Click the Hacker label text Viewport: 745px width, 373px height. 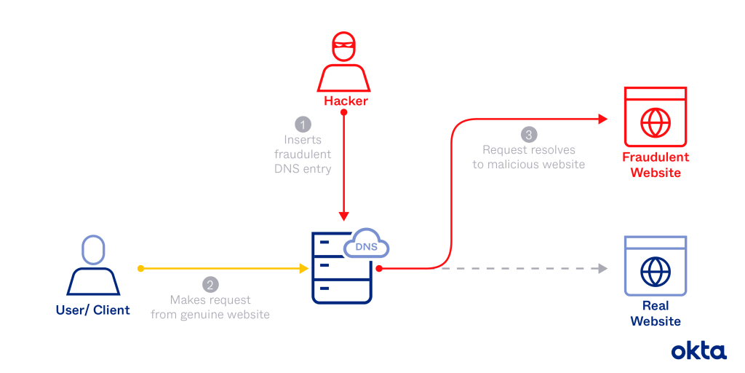(343, 102)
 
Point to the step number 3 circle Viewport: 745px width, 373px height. (532, 135)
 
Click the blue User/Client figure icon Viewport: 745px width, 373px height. (92, 266)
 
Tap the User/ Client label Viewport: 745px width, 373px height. (92, 310)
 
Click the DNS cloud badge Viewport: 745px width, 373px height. (366, 246)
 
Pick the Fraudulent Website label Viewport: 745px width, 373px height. (655, 165)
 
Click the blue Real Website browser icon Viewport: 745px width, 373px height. (655, 266)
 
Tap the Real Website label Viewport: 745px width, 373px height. (655, 313)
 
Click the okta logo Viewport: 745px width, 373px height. (698, 350)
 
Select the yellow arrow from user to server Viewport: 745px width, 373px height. (226, 269)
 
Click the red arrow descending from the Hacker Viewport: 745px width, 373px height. (344, 175)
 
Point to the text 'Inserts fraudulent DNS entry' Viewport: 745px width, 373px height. (303, 154)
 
